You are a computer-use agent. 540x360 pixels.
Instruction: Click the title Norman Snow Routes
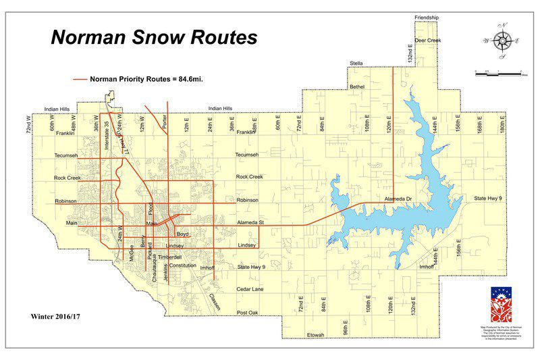pyautogui.click(x=154, y=37)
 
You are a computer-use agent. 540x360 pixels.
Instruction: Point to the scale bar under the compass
pyautogui.click(x=500, y=71)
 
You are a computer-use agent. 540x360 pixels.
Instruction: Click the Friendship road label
pyautogui.click(x=426, y=17)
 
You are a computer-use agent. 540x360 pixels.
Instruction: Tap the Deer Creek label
pyautogui.click(x=427, y=41)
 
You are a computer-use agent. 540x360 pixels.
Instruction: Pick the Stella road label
pyautogui.click(x=356, y=63)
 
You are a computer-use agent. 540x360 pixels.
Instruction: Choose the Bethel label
pyautogui.click(x=357, y=86)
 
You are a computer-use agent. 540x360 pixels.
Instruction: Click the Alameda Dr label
pyautogui.click(x=398, y=200)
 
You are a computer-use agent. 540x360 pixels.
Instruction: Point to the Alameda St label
pyautogui.click(x=250, y=222)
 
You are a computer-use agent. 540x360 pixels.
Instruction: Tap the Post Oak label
pyautogui.click(x=248, y=313)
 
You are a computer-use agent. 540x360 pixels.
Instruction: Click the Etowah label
pyautogui.click(x=315, y=336)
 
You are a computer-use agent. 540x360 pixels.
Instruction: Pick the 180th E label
pyautogui.click(x=502, y=124)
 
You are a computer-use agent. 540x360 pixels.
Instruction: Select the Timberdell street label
pyautogui.click(x=170, y=257)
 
